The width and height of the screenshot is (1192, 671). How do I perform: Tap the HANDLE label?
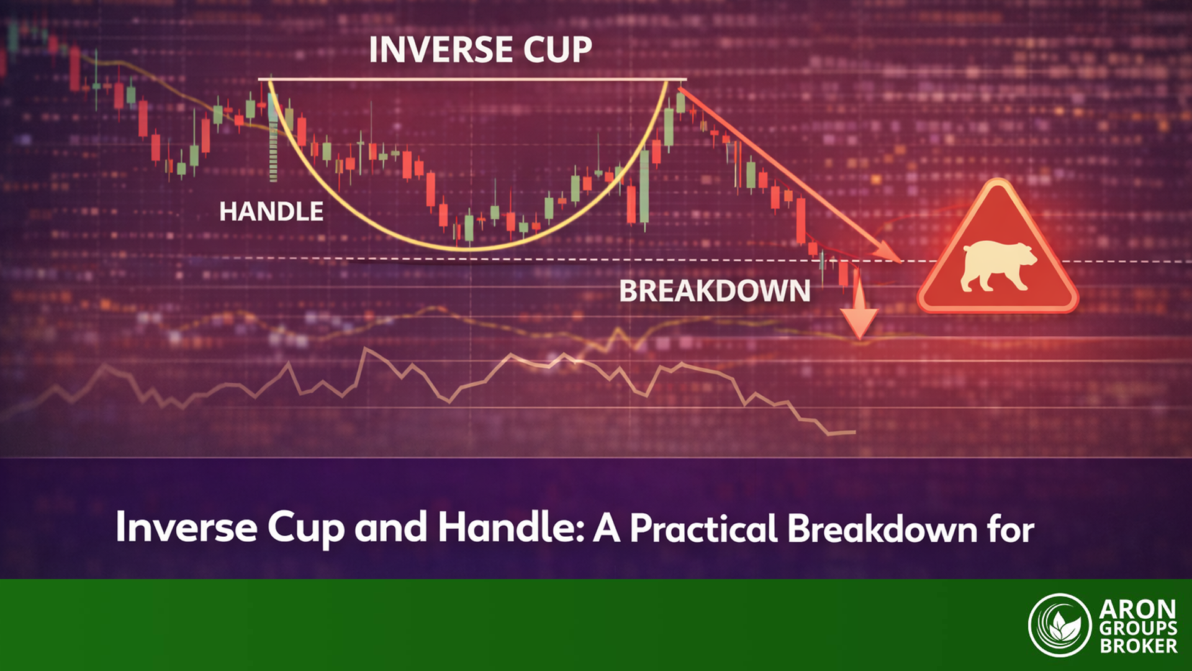(271, 212)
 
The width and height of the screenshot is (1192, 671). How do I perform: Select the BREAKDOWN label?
(715, 291)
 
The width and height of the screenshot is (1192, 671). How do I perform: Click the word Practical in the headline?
(703, 529)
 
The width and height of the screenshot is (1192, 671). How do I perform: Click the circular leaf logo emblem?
(1059, 625)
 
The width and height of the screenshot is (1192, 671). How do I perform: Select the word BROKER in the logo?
(1138, 646)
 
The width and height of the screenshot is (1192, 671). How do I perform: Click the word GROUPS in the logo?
(1138, 628)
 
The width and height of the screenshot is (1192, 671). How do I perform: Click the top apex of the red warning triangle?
(998, 184)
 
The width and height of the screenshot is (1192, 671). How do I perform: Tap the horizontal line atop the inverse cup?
(472, 80)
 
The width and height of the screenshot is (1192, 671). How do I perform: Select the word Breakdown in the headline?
(882, 529)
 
